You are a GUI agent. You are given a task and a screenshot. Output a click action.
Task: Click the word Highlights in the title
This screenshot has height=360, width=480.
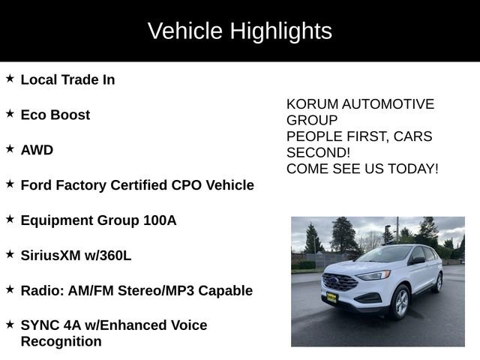click(280, 31)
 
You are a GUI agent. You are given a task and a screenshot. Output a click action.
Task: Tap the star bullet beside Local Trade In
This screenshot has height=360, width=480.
click(10, 78)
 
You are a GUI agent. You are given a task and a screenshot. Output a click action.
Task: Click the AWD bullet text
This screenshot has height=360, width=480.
click(37, 150)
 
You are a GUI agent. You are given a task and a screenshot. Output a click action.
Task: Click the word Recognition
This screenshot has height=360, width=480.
click(61, 342)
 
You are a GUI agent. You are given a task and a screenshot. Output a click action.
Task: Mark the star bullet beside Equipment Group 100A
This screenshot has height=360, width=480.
click(10, 219)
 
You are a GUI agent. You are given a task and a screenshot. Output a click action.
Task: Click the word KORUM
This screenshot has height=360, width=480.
click(311, 104)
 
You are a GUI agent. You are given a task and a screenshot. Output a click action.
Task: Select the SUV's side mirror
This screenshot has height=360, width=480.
click(417, 261)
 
